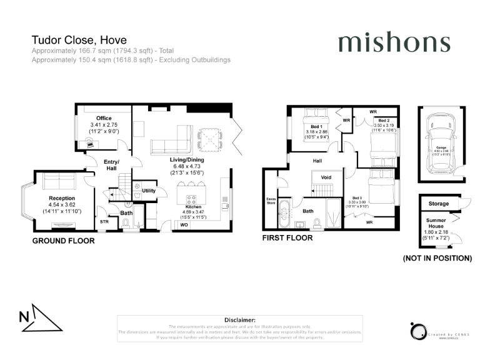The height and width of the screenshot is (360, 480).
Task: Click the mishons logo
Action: click(394, 42)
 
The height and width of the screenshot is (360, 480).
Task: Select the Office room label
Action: click(103, 118)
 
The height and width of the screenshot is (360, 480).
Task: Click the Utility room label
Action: click(149, 191)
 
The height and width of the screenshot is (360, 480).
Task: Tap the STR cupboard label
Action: click(104, 221)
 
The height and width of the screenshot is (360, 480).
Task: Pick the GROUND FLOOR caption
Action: click(64, 241)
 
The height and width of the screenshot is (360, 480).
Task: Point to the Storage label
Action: click(439, 204)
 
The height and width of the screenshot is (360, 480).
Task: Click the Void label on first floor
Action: click(326, 177)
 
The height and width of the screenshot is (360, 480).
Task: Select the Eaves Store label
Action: click(271, 201)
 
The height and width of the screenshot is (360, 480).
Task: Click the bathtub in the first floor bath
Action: click(285, 214)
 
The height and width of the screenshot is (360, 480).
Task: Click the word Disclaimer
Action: click(240, 319)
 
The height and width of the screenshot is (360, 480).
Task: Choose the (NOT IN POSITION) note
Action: click(437, 258)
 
